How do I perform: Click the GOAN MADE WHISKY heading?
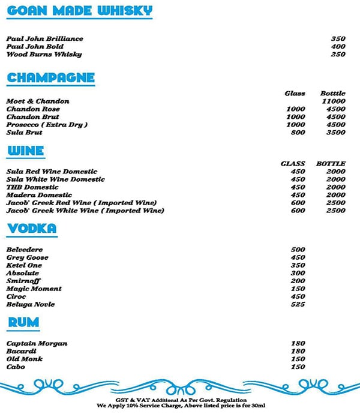coord(79,11)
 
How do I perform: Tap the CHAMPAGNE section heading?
coord(50,77)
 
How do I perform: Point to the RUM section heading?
coord(23,323)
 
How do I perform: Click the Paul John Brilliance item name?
coord(44,39)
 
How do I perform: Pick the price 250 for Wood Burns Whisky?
coord(338,55)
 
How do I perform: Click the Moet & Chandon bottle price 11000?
coord(333,101)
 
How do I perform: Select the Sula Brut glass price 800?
coord(298,133)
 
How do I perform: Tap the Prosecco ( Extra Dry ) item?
coord(47,125)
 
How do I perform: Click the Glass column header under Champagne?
coord(295,94)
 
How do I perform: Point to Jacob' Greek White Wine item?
coord(85,211)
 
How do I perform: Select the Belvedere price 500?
coord(298,250)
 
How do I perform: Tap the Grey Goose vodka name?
coord(28,257)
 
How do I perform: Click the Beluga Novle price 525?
coord(298,304)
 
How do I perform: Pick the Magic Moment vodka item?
coord(34,289)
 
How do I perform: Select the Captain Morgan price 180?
coord(298,343)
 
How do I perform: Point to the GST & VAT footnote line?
coord(179,398)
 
